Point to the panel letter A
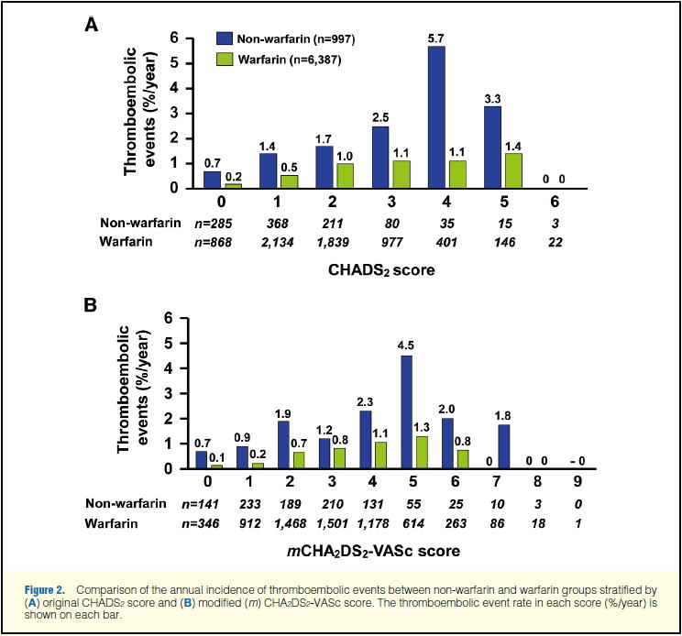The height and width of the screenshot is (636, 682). [92, 25]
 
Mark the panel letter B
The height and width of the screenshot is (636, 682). [91, 303]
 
